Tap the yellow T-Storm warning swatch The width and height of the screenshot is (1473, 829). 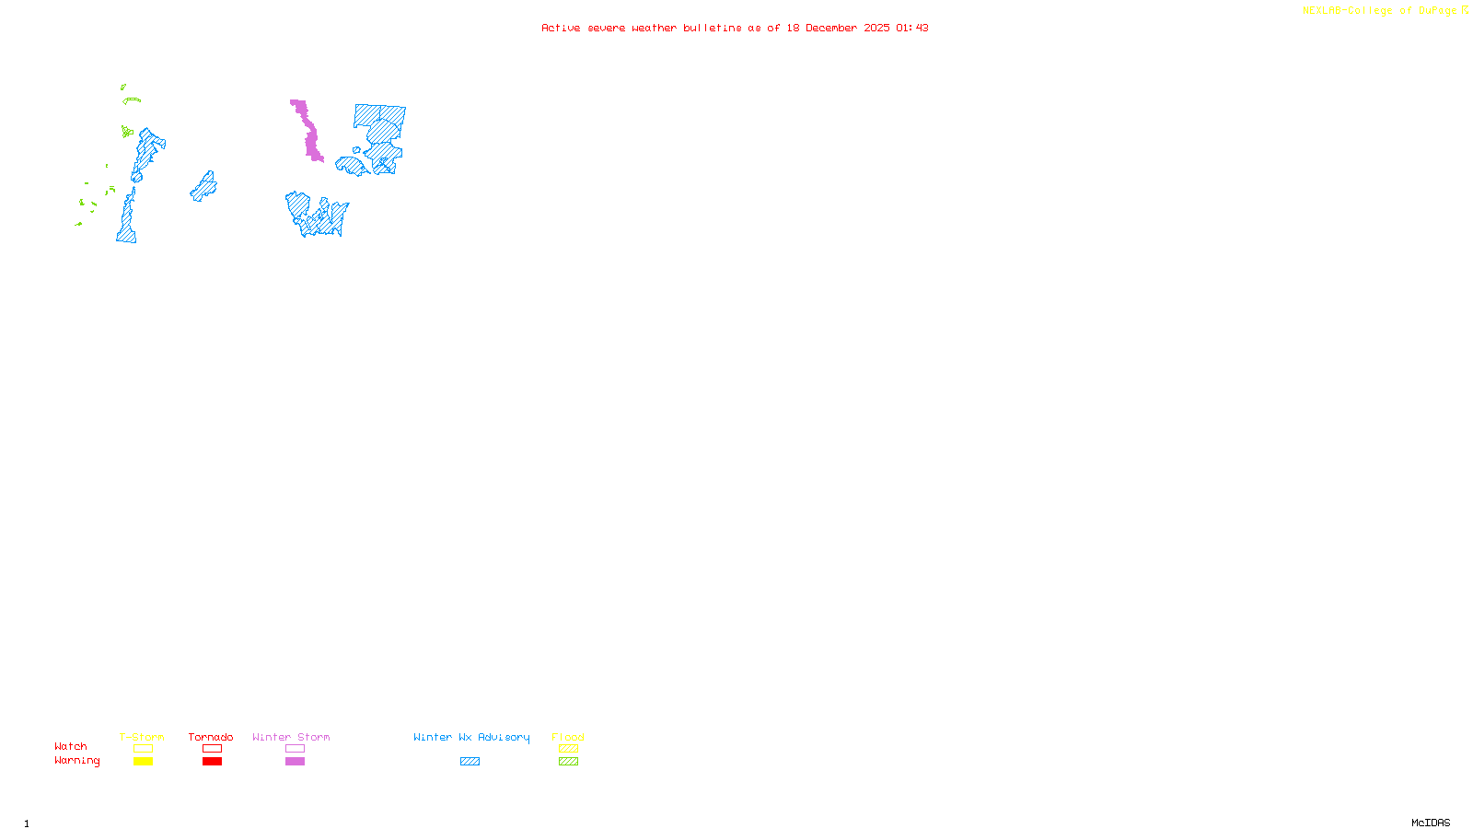coord(143,762)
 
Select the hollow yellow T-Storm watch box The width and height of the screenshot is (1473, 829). coord(143,749)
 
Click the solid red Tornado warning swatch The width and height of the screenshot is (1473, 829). coord(213,762)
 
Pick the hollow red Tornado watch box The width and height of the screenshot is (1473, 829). coord(213,749)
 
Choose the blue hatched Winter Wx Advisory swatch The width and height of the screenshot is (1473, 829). coord(470,762)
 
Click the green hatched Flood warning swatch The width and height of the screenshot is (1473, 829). coord(568,762)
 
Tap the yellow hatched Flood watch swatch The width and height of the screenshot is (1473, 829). coord(568,749)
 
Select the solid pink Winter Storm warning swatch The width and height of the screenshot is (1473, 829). coord(295,762)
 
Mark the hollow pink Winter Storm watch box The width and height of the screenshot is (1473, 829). coord(295,749)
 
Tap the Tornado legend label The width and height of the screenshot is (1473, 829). coord(211,737)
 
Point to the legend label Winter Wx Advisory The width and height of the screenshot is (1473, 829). coord(471,737)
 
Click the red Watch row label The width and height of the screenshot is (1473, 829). coord(71,746)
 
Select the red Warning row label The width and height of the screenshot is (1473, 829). coord(76,761)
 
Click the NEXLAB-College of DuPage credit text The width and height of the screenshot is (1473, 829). coord(1380,11)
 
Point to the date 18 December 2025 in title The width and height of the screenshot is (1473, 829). coord(838,28)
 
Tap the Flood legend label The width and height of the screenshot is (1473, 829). coord(568,737)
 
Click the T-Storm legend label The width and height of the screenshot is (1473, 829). coord(142,737)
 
